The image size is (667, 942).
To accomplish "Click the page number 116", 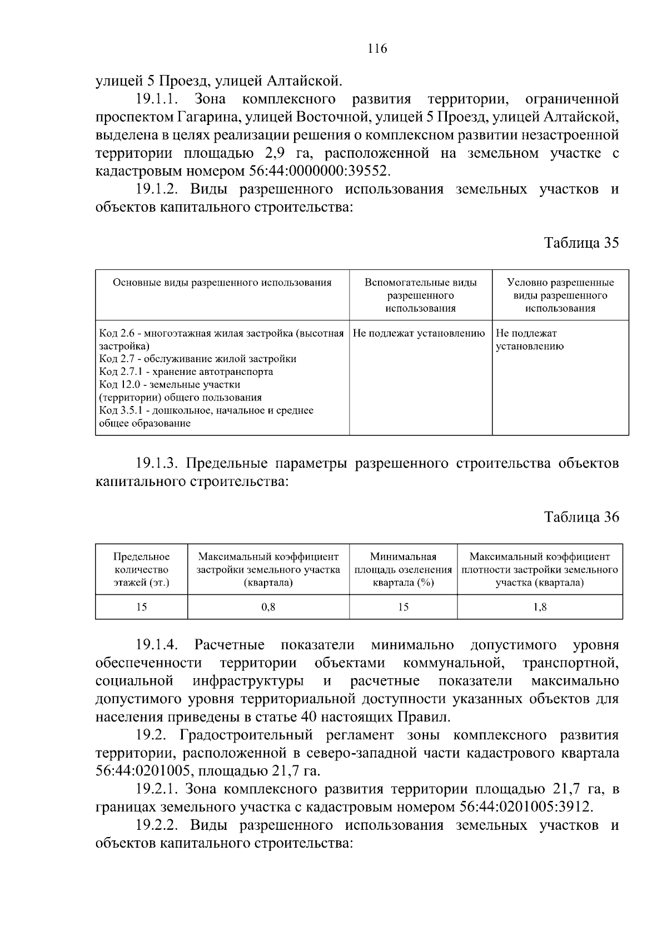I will (x=377, y=49).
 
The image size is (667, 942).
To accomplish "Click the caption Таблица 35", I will (x=581, y=243).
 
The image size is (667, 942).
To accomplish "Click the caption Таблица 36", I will (x=581, y=517).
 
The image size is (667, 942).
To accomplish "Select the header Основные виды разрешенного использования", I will (x=222, y=283).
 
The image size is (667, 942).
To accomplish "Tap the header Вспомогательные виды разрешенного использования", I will (x=420, y=295).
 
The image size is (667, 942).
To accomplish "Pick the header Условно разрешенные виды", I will (x=560, y=295).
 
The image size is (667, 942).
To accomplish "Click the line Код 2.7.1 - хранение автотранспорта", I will (x=186, y=372).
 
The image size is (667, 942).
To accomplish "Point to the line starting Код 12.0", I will (x=170, y=384).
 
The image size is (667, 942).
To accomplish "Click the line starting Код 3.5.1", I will (x=206, y=410).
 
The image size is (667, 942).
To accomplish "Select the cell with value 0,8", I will (x=268, y=607).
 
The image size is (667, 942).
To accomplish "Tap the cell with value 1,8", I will (x=539, y=607).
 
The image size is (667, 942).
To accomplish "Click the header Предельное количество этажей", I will (x=141, y=569).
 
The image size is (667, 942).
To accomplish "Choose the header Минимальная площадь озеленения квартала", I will (x=403, y=569).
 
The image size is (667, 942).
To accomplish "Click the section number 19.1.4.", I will (x=156, y=645).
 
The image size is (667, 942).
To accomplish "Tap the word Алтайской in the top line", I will (x=303, y=82).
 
